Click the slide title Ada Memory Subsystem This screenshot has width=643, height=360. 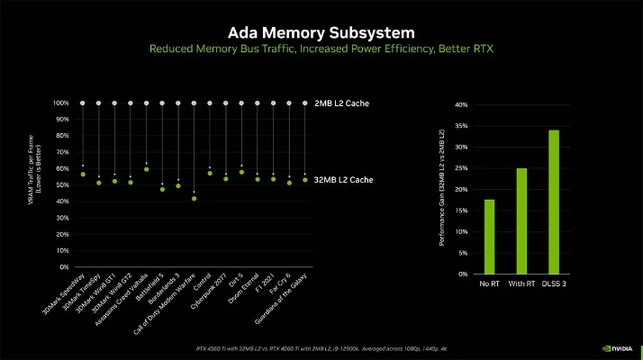pyautogui.click(x=321, y=27)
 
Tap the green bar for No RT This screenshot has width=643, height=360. pyautogui.click(x=490, y=236)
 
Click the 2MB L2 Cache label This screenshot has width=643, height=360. pyautogui.click(x=341, y=103)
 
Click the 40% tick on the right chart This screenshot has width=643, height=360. pyautogui.click(x=460, y=105)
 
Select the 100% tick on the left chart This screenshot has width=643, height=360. pyautogui.click(x=60, y=103)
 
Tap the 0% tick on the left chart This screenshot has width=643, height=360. pyautogui.click(x=63, y=267)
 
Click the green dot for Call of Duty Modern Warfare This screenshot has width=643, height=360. pyautogui.click(x=194, y=198)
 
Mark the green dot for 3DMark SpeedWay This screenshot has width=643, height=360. pyautogui.click(x=83, y=174)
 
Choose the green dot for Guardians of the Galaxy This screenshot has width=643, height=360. pyautogui.click(x=305, y=180)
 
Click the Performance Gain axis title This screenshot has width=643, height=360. pyautogui.click(x=440, y=189)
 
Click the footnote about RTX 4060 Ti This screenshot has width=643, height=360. pyautogui.click(x=321, y=348)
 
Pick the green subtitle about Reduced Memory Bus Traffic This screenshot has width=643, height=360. pyautogui.click(x=321, y=47)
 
